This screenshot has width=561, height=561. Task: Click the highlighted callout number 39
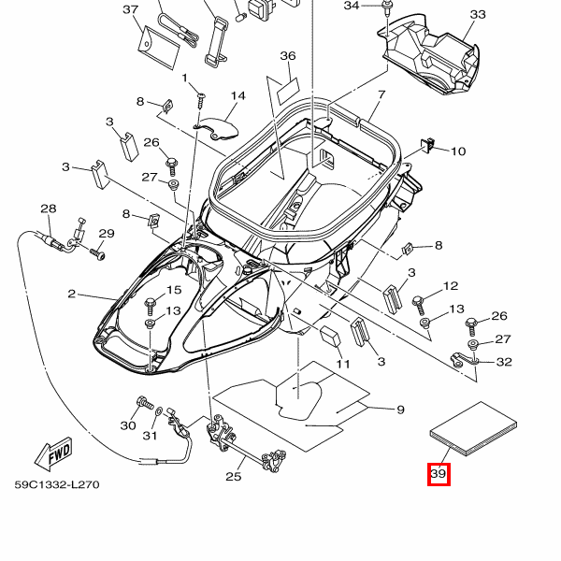[x=439, y=475]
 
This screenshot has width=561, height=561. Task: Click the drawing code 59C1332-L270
[x=56, y=485]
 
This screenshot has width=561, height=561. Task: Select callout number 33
[x=478, y=15]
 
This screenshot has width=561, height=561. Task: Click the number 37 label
[x=130, y=9]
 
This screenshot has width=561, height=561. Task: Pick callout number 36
[x=287, y=56]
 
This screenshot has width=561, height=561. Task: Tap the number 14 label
[x=237, y=95]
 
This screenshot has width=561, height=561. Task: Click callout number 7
[x=381, y=95]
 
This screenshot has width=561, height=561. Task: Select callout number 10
[x=458, y=151]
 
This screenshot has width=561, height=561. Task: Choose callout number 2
[x=71, y=295]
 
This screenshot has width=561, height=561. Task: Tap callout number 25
[x=233, y=476]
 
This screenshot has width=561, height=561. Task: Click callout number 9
[x=400, y=410]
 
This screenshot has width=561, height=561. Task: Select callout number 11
[x=342, y=363]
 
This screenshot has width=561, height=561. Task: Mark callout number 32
[x=504, y=362]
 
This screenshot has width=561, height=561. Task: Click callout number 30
[x=128, y=425]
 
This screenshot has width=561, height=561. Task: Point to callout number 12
[x=451, y=286]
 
